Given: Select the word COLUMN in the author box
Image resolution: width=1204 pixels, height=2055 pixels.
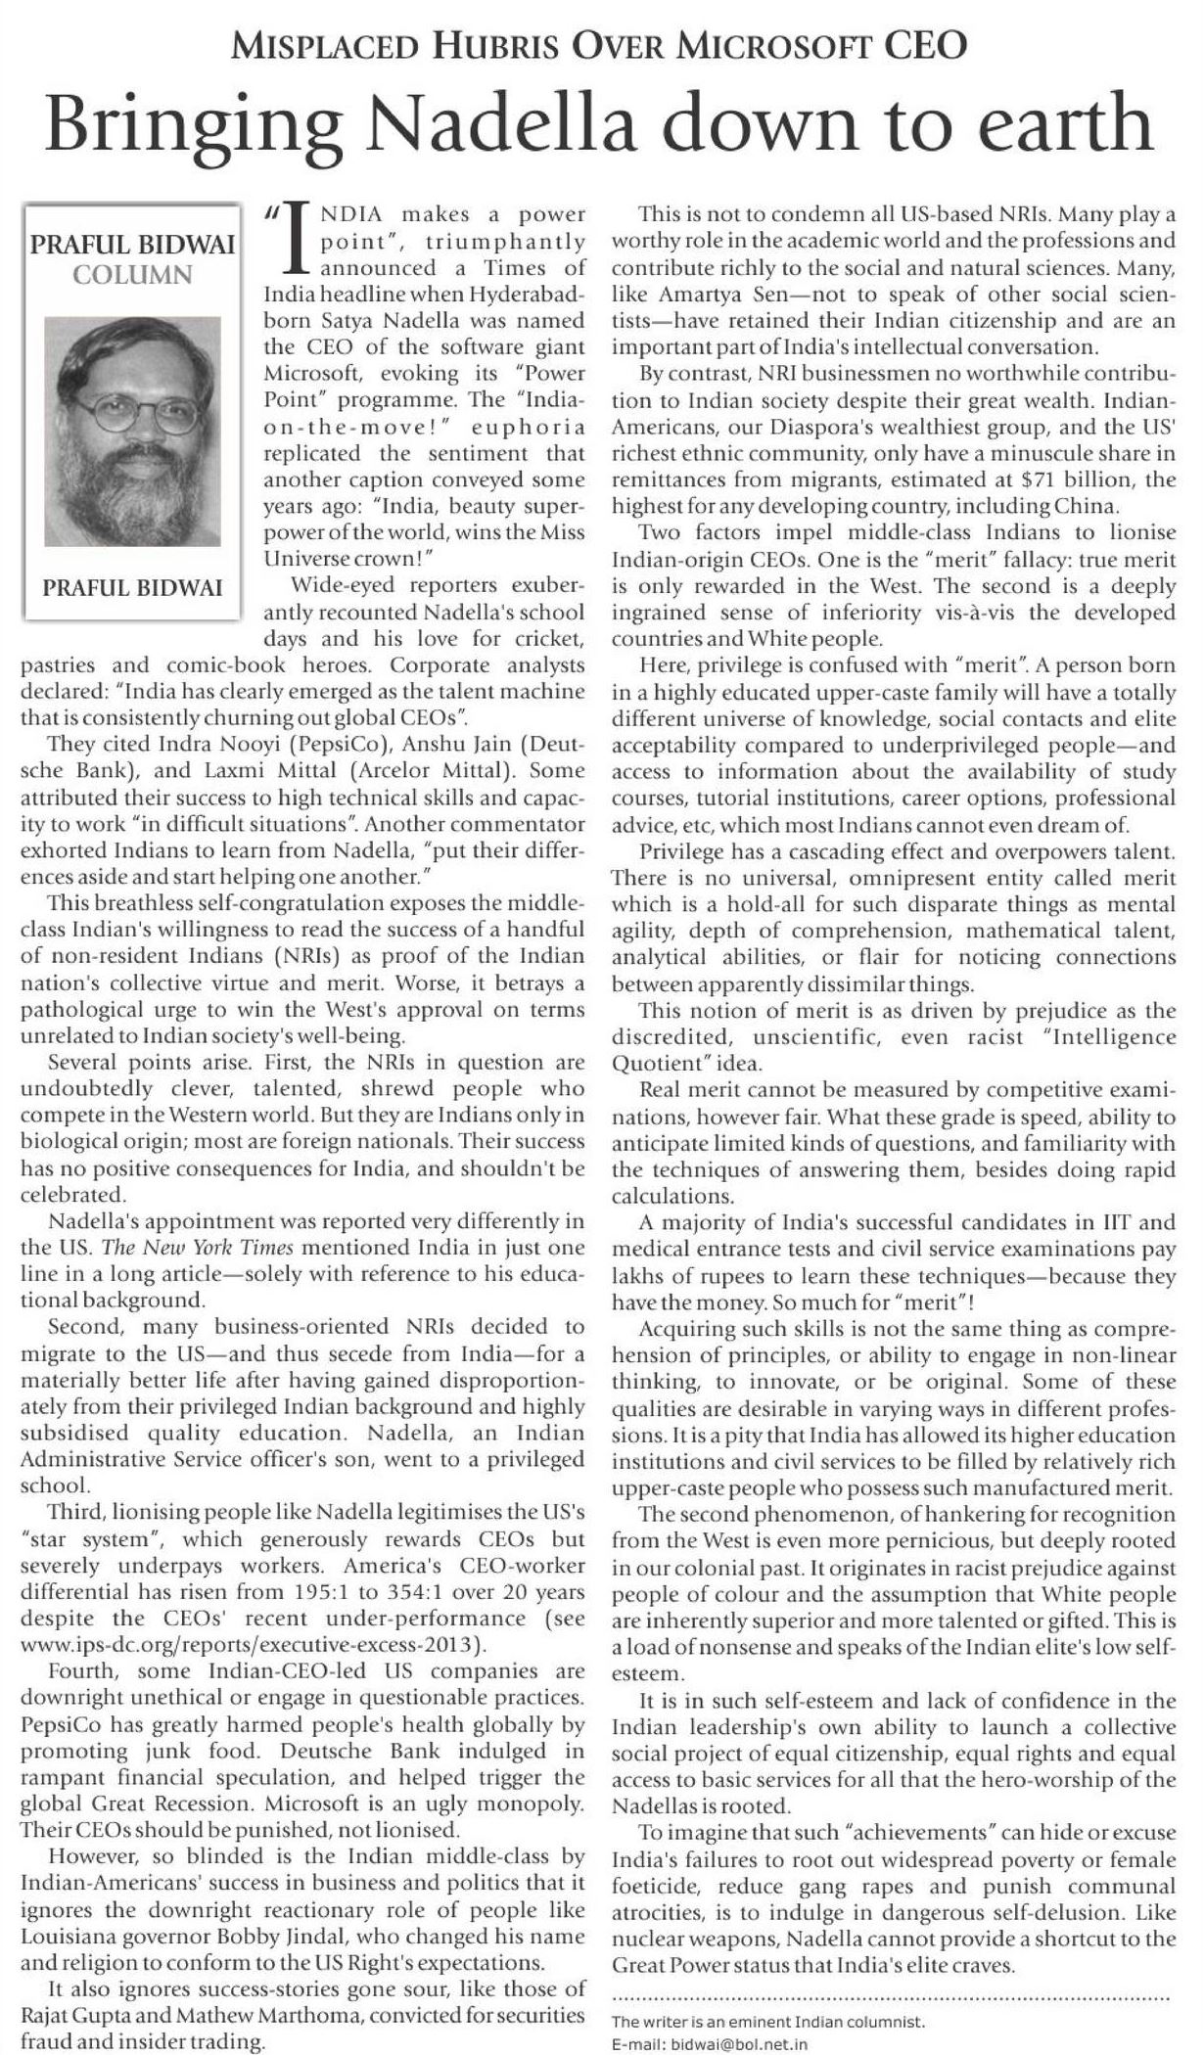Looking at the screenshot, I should pyautogui.click(x=132, y=274).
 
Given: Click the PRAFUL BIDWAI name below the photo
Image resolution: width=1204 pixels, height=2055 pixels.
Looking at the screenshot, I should pyautogui.click(x=132, y=587).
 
